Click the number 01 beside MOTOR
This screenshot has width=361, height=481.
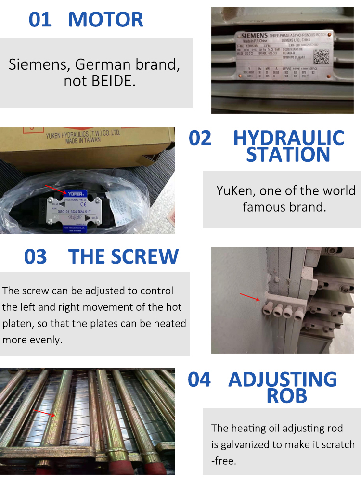pyautogui.click(x=40, y=20)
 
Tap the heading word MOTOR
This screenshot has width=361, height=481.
pyautogui.click(x=106, y=20)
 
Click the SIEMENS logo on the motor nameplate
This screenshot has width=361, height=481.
pyautogui.click(x=254, y=36)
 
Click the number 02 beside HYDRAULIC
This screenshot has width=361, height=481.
pyautogui.click(x=200, y=138)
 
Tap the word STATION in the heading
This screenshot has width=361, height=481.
pyautogui.click(x=288, y=155)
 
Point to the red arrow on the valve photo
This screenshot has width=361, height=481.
pyautogui.click(x=55, y=190)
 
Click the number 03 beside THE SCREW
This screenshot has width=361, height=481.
pyautogui.click(x=36, y=256)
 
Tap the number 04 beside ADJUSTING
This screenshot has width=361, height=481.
pyautogui.click(x=199, y=380)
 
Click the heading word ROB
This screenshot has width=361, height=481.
pyautogui.click(x=287, y=395)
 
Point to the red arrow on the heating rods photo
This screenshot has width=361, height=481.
pyautogui.click(x=45, y=413)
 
